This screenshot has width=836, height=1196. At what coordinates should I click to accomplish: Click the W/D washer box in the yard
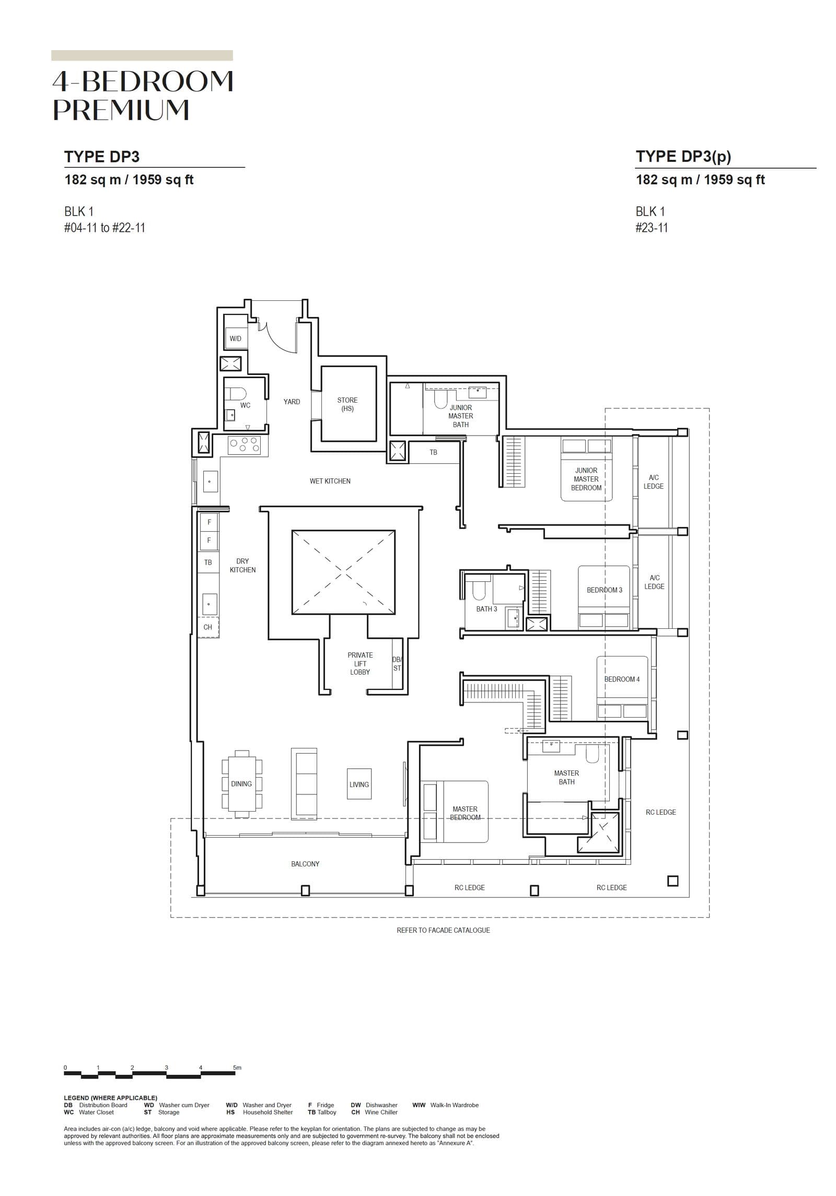tap(236, 338)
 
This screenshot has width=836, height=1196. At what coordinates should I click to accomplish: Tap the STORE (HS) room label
tap(347, 404)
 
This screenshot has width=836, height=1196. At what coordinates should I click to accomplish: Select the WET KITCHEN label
tap(330, 481)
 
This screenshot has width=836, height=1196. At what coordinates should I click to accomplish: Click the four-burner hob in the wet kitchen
tap(244, 445)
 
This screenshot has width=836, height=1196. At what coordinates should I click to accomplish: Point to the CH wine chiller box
tap(208, 627)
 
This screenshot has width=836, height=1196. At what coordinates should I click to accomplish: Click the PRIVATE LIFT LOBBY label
tap(360, 663)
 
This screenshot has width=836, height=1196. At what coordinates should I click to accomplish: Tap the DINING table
tap(241, 783)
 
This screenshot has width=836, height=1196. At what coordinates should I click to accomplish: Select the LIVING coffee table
tap(359, 784)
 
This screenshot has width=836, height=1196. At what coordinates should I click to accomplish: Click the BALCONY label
tap(305, 864)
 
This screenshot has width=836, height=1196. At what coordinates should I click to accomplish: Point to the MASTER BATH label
tap(566, 777)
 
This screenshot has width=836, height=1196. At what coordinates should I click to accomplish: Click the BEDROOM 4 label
tap(622, 679)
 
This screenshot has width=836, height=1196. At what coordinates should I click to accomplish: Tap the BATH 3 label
tap(486, 609)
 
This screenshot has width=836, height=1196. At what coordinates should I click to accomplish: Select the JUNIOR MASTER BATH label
tap(460, 416)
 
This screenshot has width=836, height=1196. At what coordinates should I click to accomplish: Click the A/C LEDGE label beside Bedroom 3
tap(654, 582)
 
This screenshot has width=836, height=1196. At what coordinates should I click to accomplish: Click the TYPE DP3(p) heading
tap(683, 156)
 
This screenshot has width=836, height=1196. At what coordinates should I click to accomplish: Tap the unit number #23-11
tap(652, 228)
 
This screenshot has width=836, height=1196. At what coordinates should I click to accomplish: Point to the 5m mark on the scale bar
tap(237, 1068)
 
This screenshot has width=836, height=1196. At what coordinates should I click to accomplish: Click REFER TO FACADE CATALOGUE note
tap(443, 930)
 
